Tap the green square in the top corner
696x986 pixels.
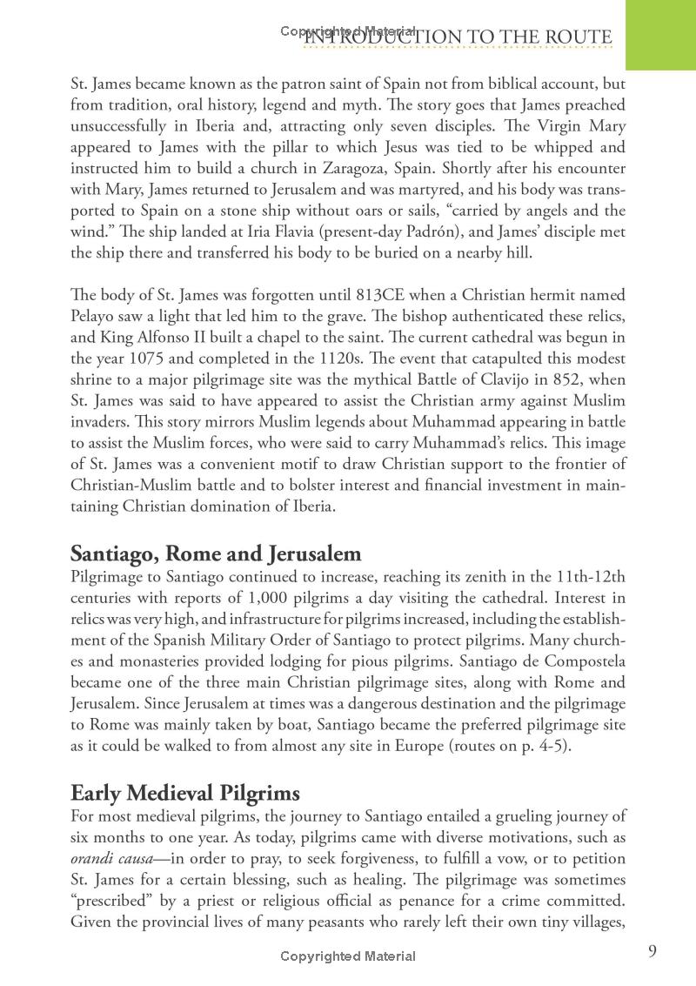(x=660, y=34)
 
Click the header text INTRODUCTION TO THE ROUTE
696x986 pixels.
(x=458, y=37)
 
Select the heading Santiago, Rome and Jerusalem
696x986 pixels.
(x=216, y=553)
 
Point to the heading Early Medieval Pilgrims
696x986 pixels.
(x=185, y=793)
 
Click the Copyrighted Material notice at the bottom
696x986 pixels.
(x=348, y=956)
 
